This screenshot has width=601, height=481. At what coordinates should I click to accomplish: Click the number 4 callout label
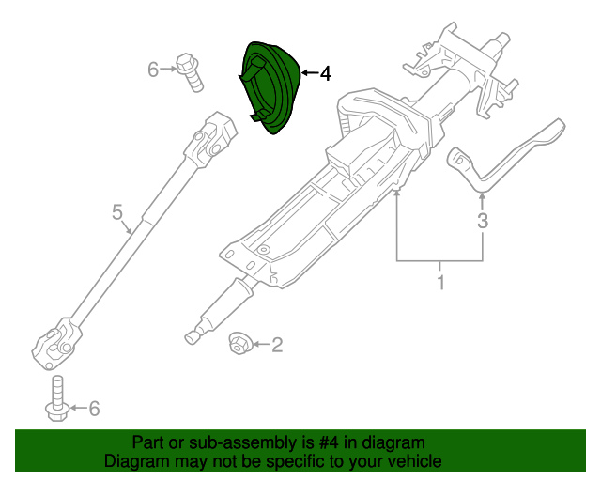[325, 73]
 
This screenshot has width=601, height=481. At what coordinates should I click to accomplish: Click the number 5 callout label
[117, 213]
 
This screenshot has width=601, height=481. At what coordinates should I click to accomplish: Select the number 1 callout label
[439, 281]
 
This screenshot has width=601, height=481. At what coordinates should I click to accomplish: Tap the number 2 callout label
[277, 347]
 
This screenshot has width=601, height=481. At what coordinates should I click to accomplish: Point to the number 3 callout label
[483, 222]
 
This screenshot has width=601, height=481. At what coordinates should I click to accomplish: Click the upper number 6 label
[154, 69]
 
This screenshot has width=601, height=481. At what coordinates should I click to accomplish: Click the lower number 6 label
[93, 408]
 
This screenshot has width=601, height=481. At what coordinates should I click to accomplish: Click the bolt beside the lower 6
[56, 398]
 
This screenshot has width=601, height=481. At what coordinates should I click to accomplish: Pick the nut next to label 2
[239, 345]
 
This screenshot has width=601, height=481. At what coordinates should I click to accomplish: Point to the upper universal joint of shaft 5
[208, 136]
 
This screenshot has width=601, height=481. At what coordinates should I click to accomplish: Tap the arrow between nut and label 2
[259, 346]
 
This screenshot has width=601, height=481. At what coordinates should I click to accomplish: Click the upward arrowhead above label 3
[483, 196]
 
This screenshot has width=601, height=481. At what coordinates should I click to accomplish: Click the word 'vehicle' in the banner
[412, 461]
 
